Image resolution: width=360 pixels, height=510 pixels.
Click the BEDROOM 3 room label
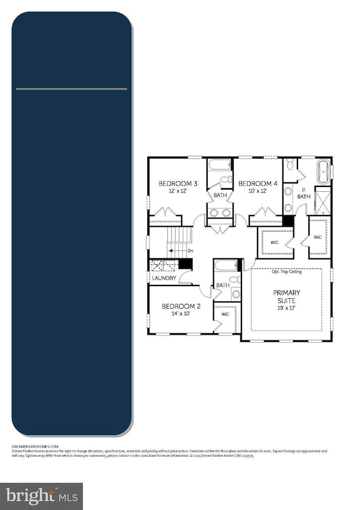[178, 183]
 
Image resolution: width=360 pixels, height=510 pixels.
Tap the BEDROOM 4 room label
[258, 183]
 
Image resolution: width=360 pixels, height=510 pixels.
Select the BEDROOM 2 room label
[181, 306]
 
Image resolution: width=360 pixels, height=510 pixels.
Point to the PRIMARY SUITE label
[286, 297]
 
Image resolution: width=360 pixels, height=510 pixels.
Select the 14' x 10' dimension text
[181, 314]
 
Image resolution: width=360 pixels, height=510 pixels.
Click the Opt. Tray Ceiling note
[286, 272]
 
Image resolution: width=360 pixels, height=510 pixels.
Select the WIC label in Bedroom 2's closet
[225, 314]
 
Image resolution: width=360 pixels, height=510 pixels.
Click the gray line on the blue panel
[71, 89]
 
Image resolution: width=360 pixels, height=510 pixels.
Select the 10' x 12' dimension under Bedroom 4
[258, 191]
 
